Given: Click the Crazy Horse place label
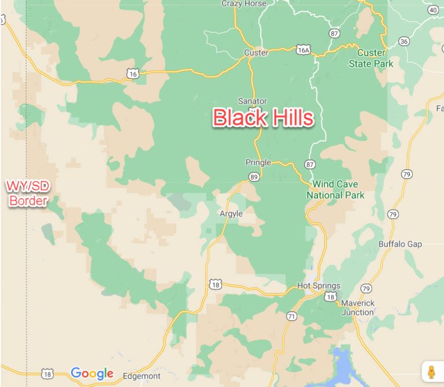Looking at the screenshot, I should pos(244,3).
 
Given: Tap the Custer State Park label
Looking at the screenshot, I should pos(371,58).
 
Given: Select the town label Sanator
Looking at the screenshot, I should pos(253,101).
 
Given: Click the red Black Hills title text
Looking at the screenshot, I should pos(263,118).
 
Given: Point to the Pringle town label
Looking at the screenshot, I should pos(258,162).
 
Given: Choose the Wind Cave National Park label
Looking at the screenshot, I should pos(335,190).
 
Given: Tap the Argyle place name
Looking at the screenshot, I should pos(231,214).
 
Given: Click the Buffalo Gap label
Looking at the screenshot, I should pos(400,244).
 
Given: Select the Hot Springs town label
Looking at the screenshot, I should pos(319,286).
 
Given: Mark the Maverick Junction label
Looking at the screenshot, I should pos(357,308).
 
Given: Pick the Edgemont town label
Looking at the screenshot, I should pos(142,376).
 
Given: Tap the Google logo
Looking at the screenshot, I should pos(92,374).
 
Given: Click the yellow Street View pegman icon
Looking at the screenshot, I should pos(431,372).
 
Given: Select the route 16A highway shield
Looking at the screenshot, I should pos(303,50).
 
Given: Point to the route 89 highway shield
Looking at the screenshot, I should pos(254,177).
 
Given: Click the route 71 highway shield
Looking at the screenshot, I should pos(291,316).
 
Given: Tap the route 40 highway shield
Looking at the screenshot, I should pos(433,10).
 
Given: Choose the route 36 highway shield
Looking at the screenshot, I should pos(404,41).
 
